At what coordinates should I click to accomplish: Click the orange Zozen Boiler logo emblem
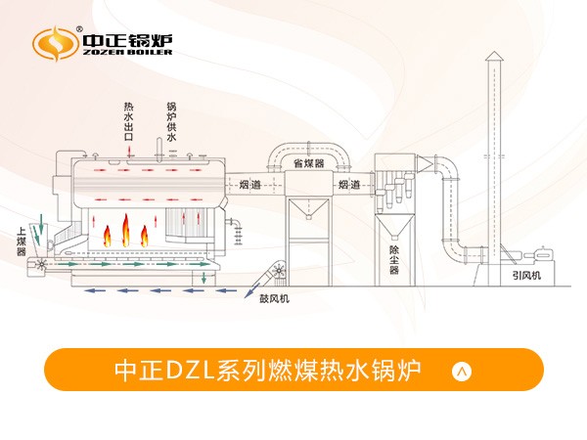[55, 43]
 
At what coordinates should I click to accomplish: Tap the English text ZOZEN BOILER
[127, 53]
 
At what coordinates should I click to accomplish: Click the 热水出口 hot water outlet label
[129, 121]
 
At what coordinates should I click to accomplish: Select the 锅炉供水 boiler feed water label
[171, 121]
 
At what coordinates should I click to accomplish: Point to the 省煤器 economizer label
[309, 163]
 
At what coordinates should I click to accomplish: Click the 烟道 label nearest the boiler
[250, 184]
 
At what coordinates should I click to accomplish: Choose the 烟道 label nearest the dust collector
[349, 184]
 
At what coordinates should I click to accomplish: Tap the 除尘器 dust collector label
[394, 260]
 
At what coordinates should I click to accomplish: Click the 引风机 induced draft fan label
[526, 276]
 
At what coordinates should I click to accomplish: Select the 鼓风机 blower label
[274, 298]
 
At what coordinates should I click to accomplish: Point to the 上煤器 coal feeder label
[22, 242]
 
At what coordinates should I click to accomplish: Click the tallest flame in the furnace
[125, 230]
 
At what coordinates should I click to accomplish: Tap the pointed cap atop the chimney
[494, 56]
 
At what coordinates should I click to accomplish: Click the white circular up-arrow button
[462, 372]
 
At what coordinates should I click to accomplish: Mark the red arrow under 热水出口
[129, 152]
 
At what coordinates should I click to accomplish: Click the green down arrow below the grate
[203, 278]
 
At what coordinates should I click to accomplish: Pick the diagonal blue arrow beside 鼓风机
[252, 290]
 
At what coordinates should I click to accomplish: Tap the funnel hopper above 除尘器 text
[394, 227]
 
